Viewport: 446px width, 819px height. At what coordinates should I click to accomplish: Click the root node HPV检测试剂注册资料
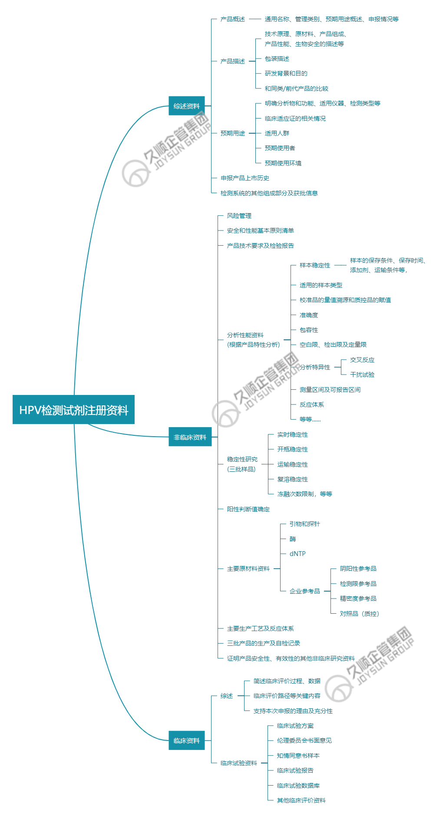73,410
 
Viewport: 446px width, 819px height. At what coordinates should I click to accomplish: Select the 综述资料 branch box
186,106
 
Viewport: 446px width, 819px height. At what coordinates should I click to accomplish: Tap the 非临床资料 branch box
190,437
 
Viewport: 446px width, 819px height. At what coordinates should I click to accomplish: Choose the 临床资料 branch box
186,740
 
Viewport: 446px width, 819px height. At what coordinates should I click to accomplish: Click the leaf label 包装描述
277,59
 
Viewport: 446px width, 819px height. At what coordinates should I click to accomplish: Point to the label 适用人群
277,133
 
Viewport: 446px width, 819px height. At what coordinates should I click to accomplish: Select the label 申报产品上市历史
245,178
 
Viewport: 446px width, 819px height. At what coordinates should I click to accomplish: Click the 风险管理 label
239,216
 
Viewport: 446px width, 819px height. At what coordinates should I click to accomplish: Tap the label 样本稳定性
315,265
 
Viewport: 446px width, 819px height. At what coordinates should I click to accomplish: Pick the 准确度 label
309,315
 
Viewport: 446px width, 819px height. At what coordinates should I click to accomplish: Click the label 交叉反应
362,360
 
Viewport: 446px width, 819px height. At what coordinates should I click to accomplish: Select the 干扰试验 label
362,375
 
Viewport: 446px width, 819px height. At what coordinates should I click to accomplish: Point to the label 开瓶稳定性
293,449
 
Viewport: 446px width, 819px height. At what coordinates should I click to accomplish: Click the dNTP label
297,554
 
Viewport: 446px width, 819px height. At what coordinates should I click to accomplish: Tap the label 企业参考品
305,591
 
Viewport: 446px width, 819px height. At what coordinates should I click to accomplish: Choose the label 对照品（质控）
360,614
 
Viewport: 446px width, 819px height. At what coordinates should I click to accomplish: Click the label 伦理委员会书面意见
304,740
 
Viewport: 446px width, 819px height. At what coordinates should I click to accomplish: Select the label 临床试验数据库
298,786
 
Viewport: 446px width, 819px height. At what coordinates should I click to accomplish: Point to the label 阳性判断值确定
248,509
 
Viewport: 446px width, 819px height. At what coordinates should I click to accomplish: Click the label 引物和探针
305,524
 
